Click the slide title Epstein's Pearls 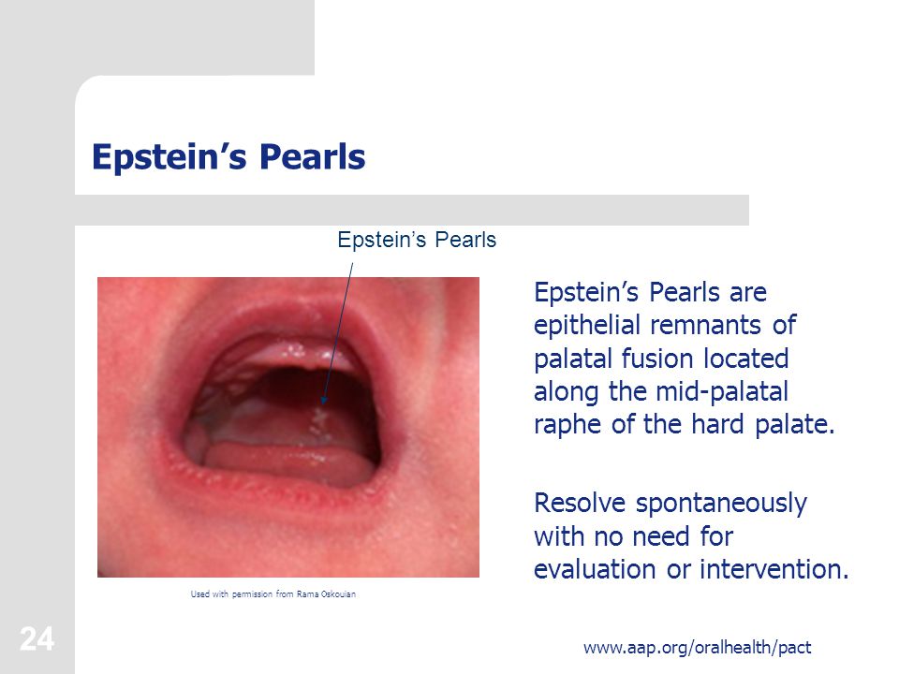(x=228, y=156)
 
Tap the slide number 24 (x=37, y=640)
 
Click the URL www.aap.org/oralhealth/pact (x=697, y=647)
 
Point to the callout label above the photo (x=416, y=240)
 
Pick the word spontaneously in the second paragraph (x=719, y=504)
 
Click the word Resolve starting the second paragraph (x=581, y=504)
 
